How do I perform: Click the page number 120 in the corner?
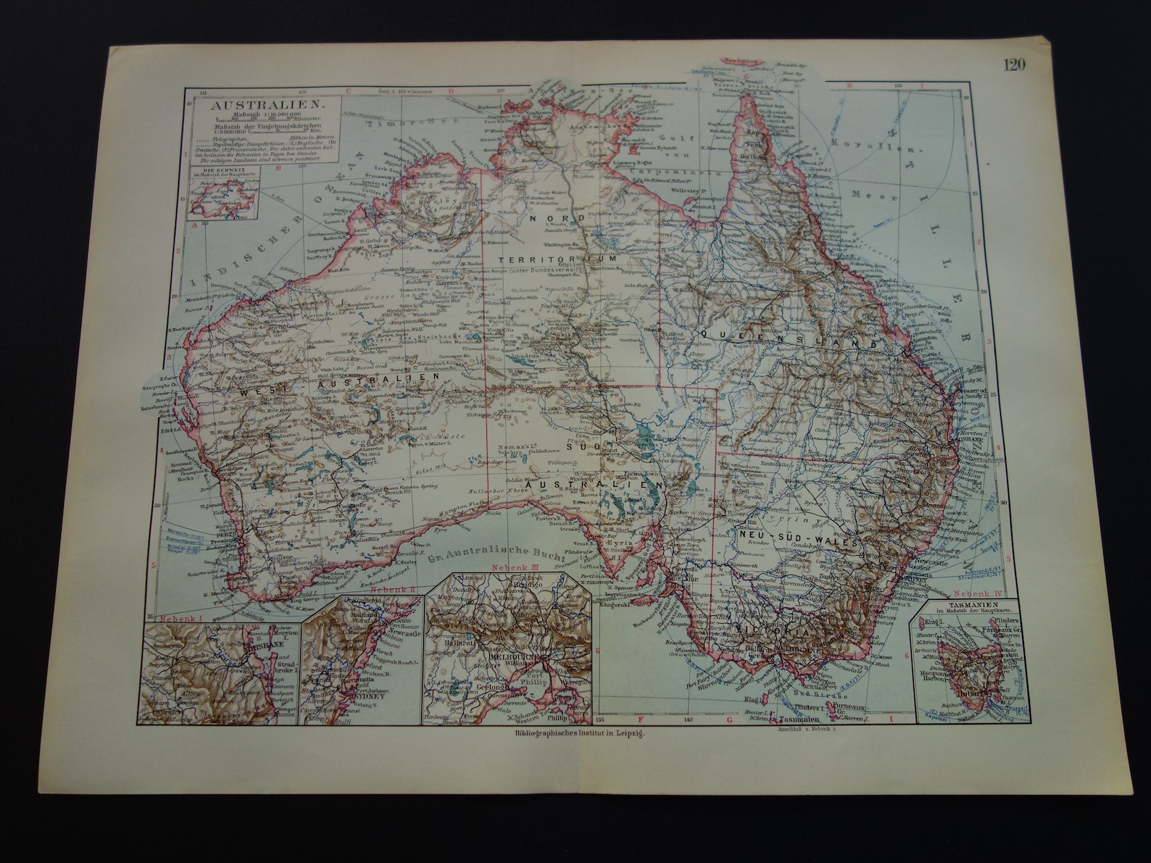click(1014, 65)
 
